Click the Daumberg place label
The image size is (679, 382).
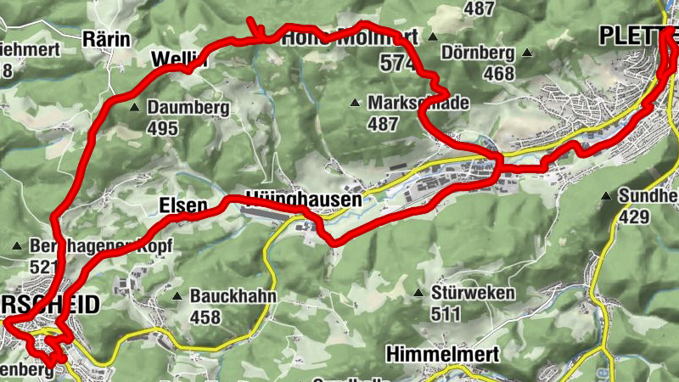pyautogui.click(x=188, y=109)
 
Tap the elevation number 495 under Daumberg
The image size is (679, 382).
pyautogui.click(x=162, y=129)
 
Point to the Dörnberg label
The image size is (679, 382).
pyautogui.click(x=479, y=53)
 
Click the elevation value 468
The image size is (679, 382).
pyautogui.click(x=498, y=74)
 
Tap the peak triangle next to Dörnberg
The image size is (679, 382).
pyautogui.click(x=528, y=53)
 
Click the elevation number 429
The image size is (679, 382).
pyautogui.click(x=635, y=217)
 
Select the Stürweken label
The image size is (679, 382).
pyautogui.click(x=474, y=294)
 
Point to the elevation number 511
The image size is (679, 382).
pyautogui.click(x=446, y=314)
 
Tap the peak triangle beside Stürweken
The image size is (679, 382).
pyautogui.click(x=418, y=294)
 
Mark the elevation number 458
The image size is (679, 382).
pyautogui.click(x=205, y=317)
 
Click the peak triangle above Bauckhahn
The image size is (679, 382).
pyautogui.click(x=177, y=297)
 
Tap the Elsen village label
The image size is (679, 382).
pyautogui.click(x=182, y=206)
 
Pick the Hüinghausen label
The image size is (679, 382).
pyautogui.click(x=304, y=201)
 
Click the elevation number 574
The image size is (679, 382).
pyautogui.click(x=397, y=63)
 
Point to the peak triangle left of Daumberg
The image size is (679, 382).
pyautogui.click(x=135, y=109)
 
